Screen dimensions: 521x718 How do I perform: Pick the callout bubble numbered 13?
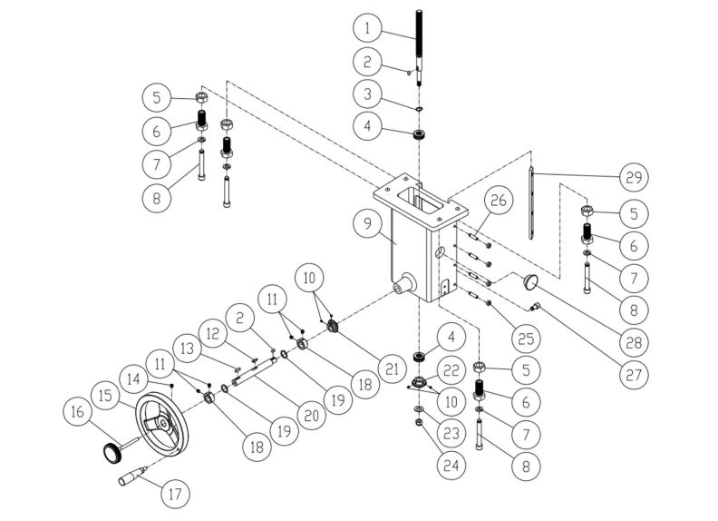(x=188, y=348)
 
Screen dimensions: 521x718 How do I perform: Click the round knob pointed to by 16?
(x=111, y=450)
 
